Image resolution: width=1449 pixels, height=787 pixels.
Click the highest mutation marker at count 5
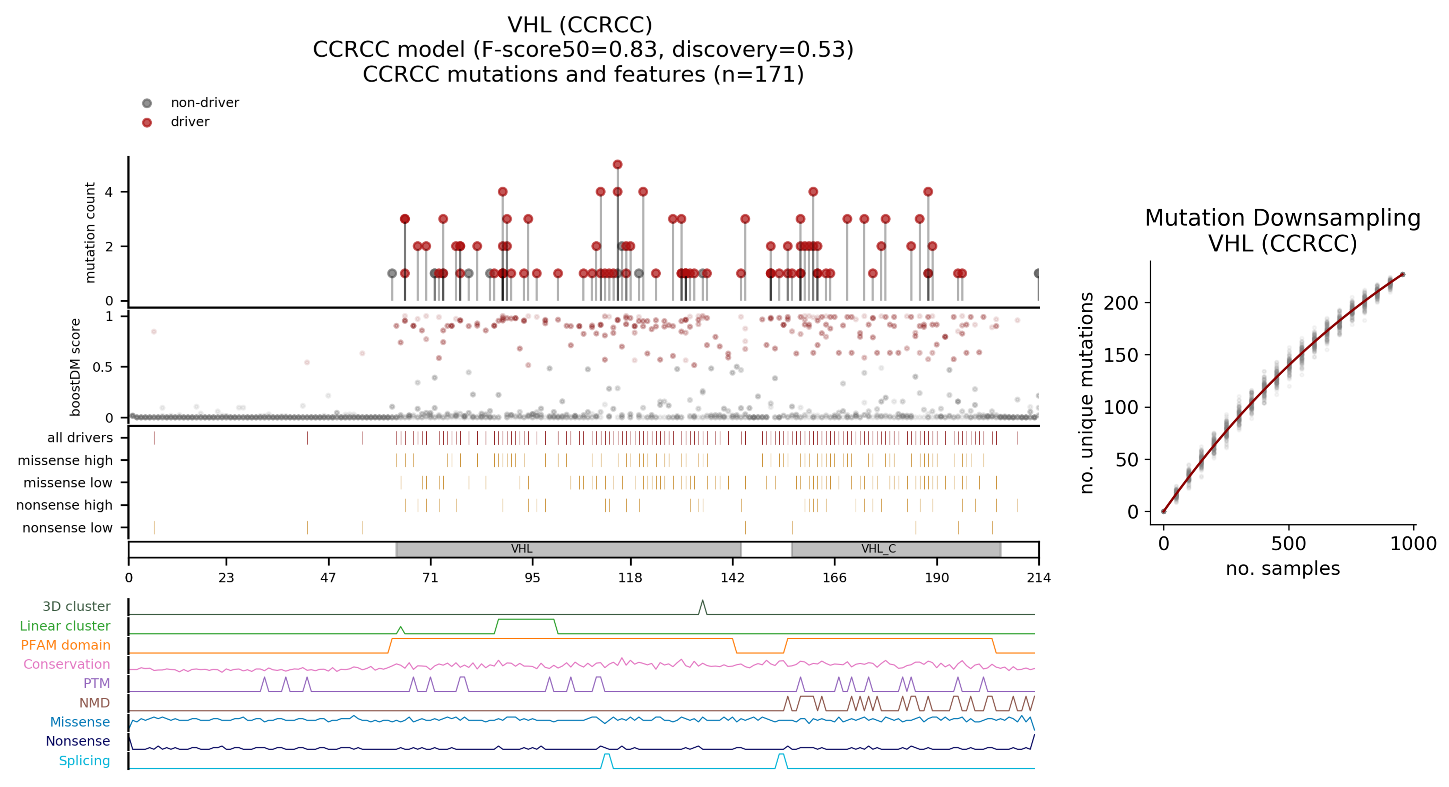[618, 165]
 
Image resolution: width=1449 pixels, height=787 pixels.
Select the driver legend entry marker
[147, 122]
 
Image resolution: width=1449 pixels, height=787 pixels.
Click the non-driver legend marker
[147, 103]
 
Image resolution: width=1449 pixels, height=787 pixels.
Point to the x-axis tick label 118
[630, 578]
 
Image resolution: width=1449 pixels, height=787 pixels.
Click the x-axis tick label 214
[1038, 578]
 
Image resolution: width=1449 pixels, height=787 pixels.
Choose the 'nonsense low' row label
[67, 528]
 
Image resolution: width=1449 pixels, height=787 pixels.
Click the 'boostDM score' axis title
[75, 367]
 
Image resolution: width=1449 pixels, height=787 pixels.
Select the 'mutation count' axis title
[90, 232]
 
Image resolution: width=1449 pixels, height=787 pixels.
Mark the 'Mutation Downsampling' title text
[1283, 218]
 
